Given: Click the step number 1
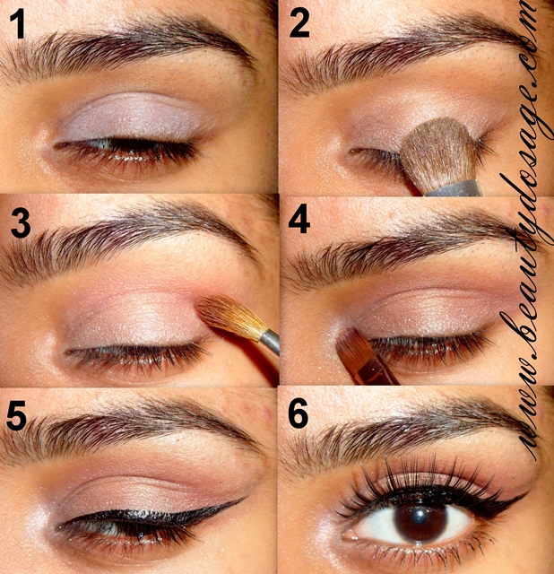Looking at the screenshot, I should point(22,30).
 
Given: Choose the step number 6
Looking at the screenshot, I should point(300,415).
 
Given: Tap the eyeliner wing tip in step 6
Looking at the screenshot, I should point(524,493).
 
